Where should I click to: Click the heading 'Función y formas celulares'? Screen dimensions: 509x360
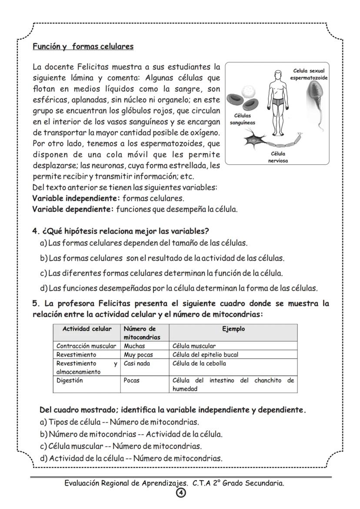[83, 46]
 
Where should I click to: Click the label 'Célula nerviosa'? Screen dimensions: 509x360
[278, 157]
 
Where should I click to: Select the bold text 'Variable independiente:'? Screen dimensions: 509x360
[76, 199]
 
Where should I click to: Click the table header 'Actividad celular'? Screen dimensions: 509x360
[87, 329]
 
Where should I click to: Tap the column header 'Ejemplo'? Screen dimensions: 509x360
[233, 329]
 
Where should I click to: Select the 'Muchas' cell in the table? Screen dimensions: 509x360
[134, 346]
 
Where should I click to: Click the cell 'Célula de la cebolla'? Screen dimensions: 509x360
[199, 363]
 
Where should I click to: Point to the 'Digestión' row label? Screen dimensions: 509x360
[70, 380]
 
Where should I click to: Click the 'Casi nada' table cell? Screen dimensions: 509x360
[137, 363]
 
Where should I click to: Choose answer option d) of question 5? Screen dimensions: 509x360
[131, 458]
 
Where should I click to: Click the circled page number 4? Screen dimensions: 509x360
[180, 492]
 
